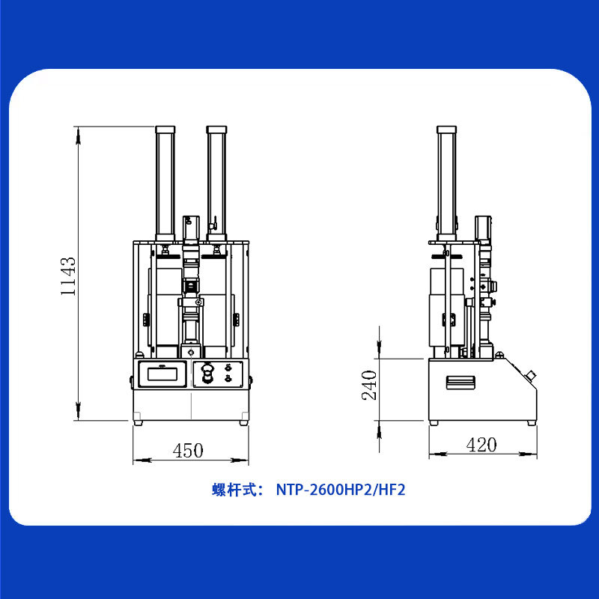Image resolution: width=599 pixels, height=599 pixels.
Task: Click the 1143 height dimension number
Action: pos(68,276)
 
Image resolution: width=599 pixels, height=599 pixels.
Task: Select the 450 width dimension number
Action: pos(188,451)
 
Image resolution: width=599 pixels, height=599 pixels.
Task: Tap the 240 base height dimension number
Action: pos(369,385)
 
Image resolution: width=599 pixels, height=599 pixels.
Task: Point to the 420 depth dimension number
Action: pos(481,445)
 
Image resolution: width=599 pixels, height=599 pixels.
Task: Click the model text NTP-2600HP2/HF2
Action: pos(341,490)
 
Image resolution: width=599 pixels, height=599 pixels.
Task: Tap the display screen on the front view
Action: pos(162,374)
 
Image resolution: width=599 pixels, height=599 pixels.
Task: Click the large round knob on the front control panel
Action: pos(207,373)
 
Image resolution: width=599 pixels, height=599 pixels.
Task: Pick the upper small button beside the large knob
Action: pos(228,368)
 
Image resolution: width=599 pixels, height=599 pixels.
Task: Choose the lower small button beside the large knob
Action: pos(228,378)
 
